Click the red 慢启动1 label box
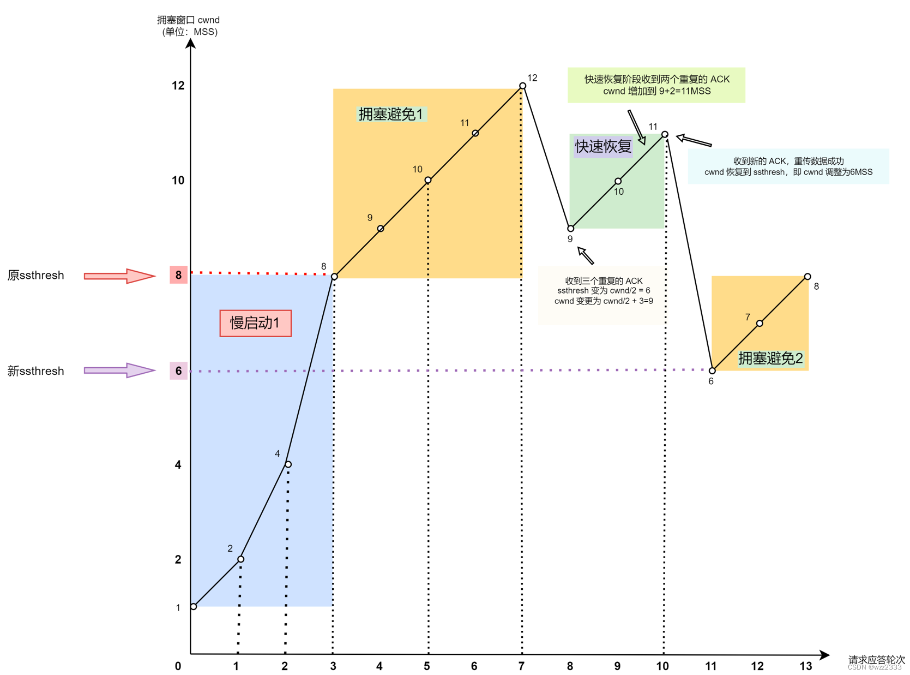[255, 323]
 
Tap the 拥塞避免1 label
[390, 114]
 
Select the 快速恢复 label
[602, 146]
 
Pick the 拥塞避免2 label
[770, 359]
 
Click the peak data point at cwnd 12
[522, 86]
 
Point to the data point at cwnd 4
[288, 464]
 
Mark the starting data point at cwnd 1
[194, 606]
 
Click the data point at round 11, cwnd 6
[712, 371]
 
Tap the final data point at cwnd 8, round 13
[807, 277]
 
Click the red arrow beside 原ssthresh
[119, 276]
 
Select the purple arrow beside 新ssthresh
[119, 371]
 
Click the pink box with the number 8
[178, 275]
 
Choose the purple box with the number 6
[178, 371]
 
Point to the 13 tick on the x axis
[805, 666]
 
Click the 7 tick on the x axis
[521, 666]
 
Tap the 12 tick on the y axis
[178, 86]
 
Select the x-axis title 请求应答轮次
[876, 659]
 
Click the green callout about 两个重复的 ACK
[656, 85]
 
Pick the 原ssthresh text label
[36, 276]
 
